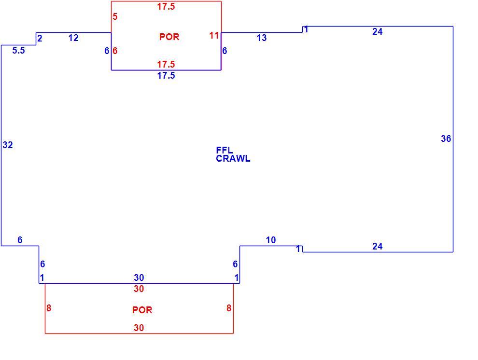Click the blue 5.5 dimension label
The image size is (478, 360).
pos(18,50)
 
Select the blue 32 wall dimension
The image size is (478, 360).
pos(8,145)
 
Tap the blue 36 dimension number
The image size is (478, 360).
pos(446,139)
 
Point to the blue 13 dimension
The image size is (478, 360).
pos(262,38)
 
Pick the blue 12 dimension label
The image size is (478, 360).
pos(73,38)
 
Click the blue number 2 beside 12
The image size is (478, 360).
pos(40,39)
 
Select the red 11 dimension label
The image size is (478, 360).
pos(214,36)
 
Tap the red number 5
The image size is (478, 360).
pos(114,16)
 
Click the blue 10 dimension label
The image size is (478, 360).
pos(271,240)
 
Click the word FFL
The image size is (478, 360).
pos(225,150)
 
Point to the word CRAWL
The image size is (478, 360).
pos(233,158)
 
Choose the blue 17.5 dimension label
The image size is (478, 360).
pos(166,76)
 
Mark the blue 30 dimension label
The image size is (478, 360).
pos(139,277)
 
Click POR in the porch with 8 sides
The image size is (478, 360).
pos(142,310)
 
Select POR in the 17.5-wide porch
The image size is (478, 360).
pos(169,37)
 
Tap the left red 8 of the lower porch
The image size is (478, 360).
pos(49,308)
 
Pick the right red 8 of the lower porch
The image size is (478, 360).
pos(229,308)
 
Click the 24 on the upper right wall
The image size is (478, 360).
pos(377,32)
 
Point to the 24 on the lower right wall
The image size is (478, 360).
pos(377,246)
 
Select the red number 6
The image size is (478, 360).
pos(115,51)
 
